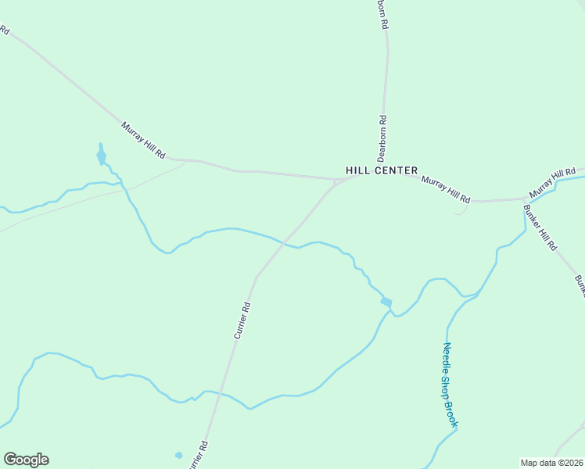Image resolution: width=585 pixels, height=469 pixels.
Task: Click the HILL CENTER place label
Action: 382,170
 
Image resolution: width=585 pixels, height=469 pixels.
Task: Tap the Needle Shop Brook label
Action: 450,385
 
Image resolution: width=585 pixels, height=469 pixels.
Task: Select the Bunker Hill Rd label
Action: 540,227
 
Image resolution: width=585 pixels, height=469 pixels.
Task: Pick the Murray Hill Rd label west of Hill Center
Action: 144,141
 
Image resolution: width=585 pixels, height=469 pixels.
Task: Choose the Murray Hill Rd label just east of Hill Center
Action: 446,189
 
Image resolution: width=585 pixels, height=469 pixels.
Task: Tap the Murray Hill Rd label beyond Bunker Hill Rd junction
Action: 551,183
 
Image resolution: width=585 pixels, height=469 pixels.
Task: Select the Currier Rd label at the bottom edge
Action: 198,456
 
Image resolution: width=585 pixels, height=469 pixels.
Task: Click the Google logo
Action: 26,460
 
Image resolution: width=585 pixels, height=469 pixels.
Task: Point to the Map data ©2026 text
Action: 552,463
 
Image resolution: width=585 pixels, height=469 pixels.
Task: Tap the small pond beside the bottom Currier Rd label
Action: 179,455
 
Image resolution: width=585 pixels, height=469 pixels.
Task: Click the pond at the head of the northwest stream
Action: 101,156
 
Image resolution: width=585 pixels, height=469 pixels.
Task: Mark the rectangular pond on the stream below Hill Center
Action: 386,302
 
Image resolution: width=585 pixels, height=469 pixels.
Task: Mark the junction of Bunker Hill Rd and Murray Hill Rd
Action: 524,200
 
